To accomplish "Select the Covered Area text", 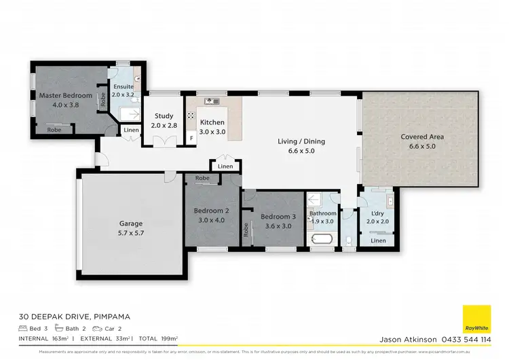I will pyautogui.click(x=421, y=137).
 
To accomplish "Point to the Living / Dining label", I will pyautogui.click(x=301, y=141).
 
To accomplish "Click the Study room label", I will pyautogui.click(x=164, y=116).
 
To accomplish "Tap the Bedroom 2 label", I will pyautogui.click(x=211, y=211).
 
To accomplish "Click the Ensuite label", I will pyautogui.click(x=124, y=87).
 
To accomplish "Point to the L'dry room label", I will pyautogui.click(x=379, y=213).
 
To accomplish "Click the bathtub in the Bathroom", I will pyautogui.click(x=321, y=239).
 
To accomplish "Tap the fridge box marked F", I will pyautogui.click(x=191, y=138).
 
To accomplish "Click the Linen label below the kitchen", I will pyautogui.click(x=226, y=166).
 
